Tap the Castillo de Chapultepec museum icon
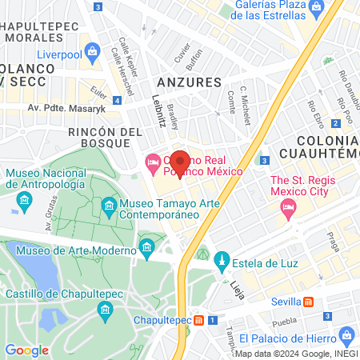(x=104, y=310)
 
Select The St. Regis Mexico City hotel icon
(x=287, y=208)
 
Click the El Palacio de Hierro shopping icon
(x=345, y=334)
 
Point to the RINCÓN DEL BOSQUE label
(x=99, y=137)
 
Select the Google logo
(x=26, y=350)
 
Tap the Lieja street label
(x=237, y=286)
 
